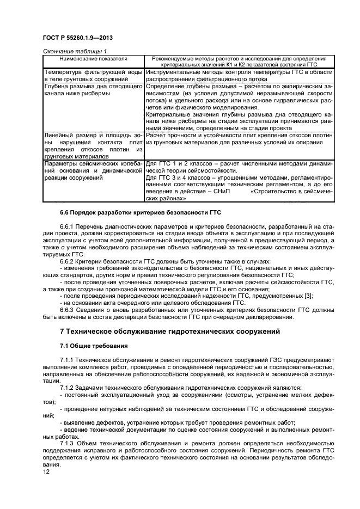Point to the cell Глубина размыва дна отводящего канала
coord(94,90)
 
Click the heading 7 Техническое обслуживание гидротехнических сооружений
coord(169,331)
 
